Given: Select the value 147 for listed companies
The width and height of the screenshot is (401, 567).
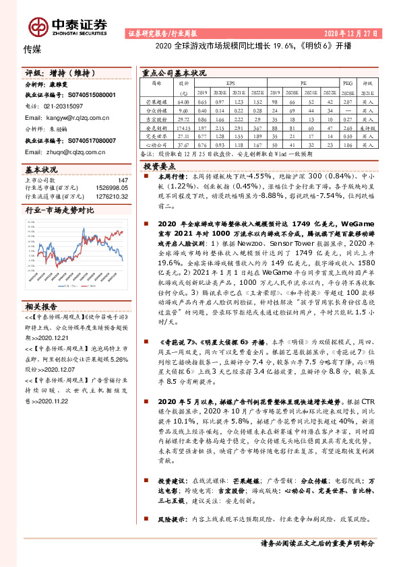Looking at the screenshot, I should (x=123, y=180).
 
